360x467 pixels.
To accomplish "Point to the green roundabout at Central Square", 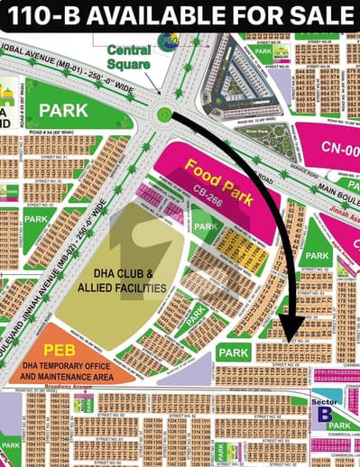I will [x=163, y=114].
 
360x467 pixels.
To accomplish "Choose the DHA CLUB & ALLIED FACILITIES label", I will [x=123, y=280].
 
